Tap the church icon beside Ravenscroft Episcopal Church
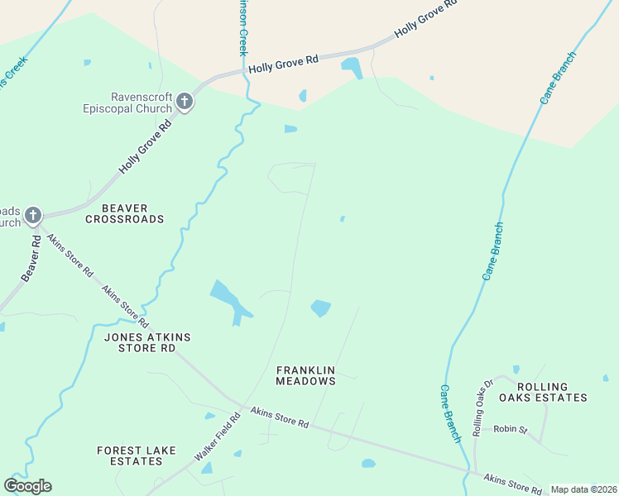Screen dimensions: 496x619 click(185, 103)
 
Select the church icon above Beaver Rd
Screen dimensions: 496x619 click(32, 217)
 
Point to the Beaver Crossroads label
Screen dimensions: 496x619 click(124, 213)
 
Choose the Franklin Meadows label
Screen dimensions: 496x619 click(306, 375)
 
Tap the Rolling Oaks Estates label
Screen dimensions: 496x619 click(552, 392)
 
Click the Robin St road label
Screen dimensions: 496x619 click(510, 429)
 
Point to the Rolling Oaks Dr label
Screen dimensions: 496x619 click(482, 408)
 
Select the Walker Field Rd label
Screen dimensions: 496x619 click(217, 437)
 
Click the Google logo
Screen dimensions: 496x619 click(27, 486)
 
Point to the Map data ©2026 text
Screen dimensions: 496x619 click(583, 489)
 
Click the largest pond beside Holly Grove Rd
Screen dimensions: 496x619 click(352, 67)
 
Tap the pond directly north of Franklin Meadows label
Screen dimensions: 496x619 click(320, 308)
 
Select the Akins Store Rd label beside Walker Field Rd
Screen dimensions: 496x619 click(280, 417)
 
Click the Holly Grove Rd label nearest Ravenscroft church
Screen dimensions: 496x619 click(145, 145)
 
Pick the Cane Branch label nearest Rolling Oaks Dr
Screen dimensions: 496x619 click(450, 413)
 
